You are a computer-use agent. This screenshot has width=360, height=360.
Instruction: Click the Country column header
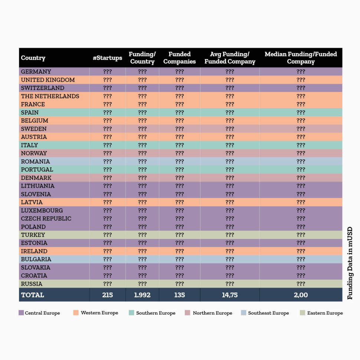click(33, 58)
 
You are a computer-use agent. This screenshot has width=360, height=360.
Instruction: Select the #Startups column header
click(107, 58)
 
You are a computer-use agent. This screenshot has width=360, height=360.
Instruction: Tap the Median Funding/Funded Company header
click(301, 58)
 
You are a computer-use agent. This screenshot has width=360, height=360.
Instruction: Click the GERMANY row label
click(36, 72)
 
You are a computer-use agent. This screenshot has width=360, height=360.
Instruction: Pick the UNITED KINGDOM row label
click(48, 80)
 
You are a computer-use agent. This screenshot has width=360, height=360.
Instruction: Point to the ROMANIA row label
click(35, 161)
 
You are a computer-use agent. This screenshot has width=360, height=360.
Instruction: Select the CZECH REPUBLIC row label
click(46, 219)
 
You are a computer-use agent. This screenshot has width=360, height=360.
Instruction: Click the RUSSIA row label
click(32, 284)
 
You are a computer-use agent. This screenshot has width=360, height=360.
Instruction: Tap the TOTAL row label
click(33, 295)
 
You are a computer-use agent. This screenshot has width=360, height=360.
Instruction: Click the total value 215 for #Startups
click(108, 295)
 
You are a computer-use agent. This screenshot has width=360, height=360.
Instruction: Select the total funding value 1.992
click(142, 295)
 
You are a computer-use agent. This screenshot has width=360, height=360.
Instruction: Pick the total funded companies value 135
click(179, 295)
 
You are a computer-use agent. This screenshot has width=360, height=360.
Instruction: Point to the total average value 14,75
click(229, 295)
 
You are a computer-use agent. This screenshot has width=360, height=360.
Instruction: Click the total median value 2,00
click(301, 295)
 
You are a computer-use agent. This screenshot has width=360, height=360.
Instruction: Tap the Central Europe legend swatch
click(21, 313)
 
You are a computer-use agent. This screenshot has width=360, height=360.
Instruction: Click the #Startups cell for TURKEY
click(108, 235)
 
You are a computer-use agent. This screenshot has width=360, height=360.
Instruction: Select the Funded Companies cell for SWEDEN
click(179, 129)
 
